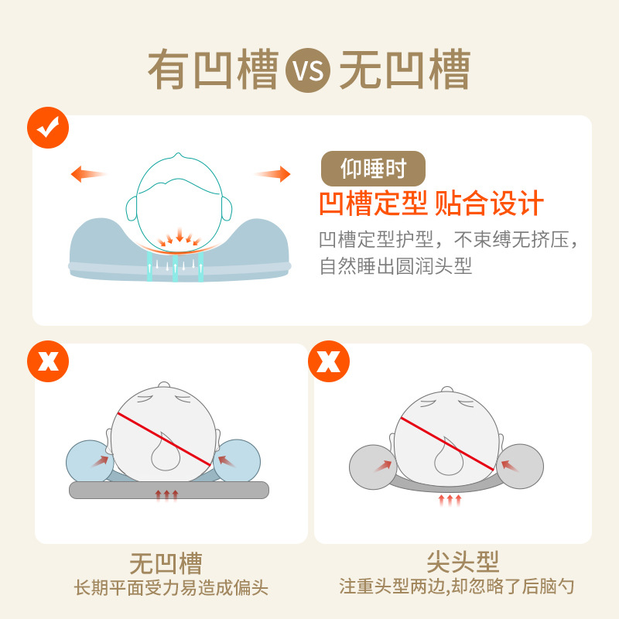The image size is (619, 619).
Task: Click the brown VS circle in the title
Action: [x=308, y=71]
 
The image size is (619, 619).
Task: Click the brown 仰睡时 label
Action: [x=373, y=167]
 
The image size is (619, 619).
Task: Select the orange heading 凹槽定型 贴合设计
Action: [x=431, y=203]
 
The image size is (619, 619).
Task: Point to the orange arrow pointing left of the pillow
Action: [x=87, y=173]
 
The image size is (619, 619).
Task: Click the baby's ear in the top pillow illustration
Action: [x=227, y=207]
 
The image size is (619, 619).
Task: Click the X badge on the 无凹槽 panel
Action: [x=48, y=361]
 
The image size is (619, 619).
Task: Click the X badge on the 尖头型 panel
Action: [x=327, y=361]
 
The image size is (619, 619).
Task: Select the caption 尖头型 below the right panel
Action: [x=453, y=562]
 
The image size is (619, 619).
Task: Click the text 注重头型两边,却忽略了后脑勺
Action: [x=457, y=587]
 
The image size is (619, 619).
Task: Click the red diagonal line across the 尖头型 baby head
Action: [x=446, y=443]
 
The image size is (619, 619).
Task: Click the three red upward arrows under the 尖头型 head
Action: [x=450, y=501]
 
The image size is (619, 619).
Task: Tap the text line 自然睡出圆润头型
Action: [x=396, y=267]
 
